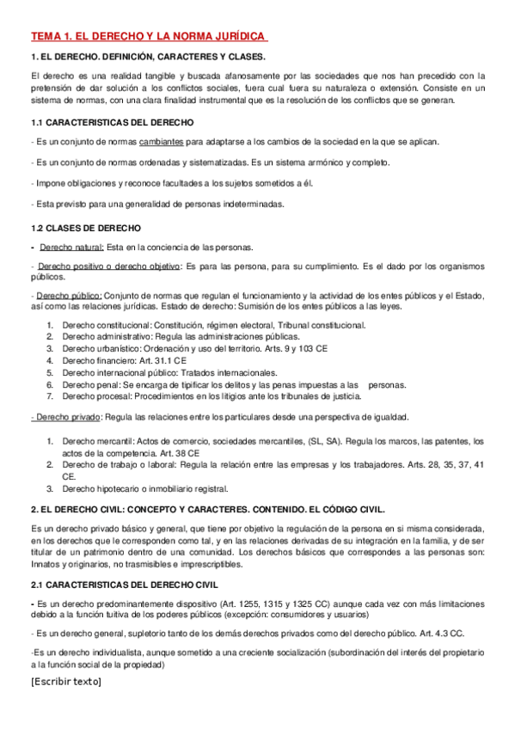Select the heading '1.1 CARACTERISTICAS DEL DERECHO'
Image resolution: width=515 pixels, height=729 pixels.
(112, 122)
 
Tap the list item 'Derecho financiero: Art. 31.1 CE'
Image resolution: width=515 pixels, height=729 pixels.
(124, 361)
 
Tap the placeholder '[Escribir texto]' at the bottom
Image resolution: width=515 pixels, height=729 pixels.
(65, 682)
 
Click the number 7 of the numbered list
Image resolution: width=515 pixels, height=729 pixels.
(50, 397)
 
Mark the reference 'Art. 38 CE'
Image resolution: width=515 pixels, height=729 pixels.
(181, 452)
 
